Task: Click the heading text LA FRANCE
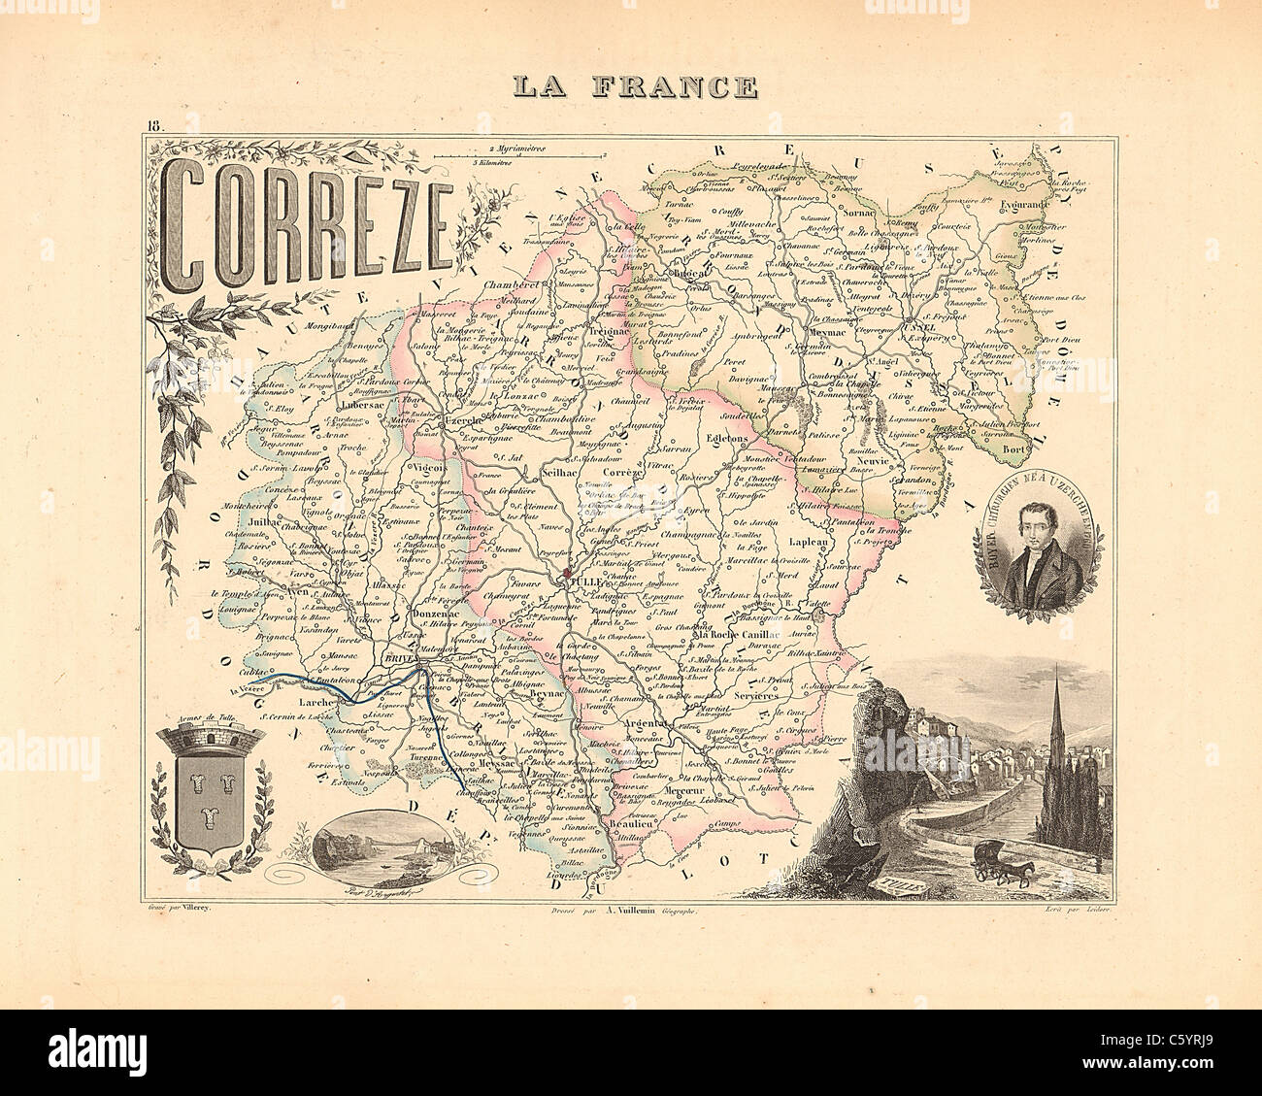pyautogui.click(x=635, y=85)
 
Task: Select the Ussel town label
pyautogui.click(x=918, y=327)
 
